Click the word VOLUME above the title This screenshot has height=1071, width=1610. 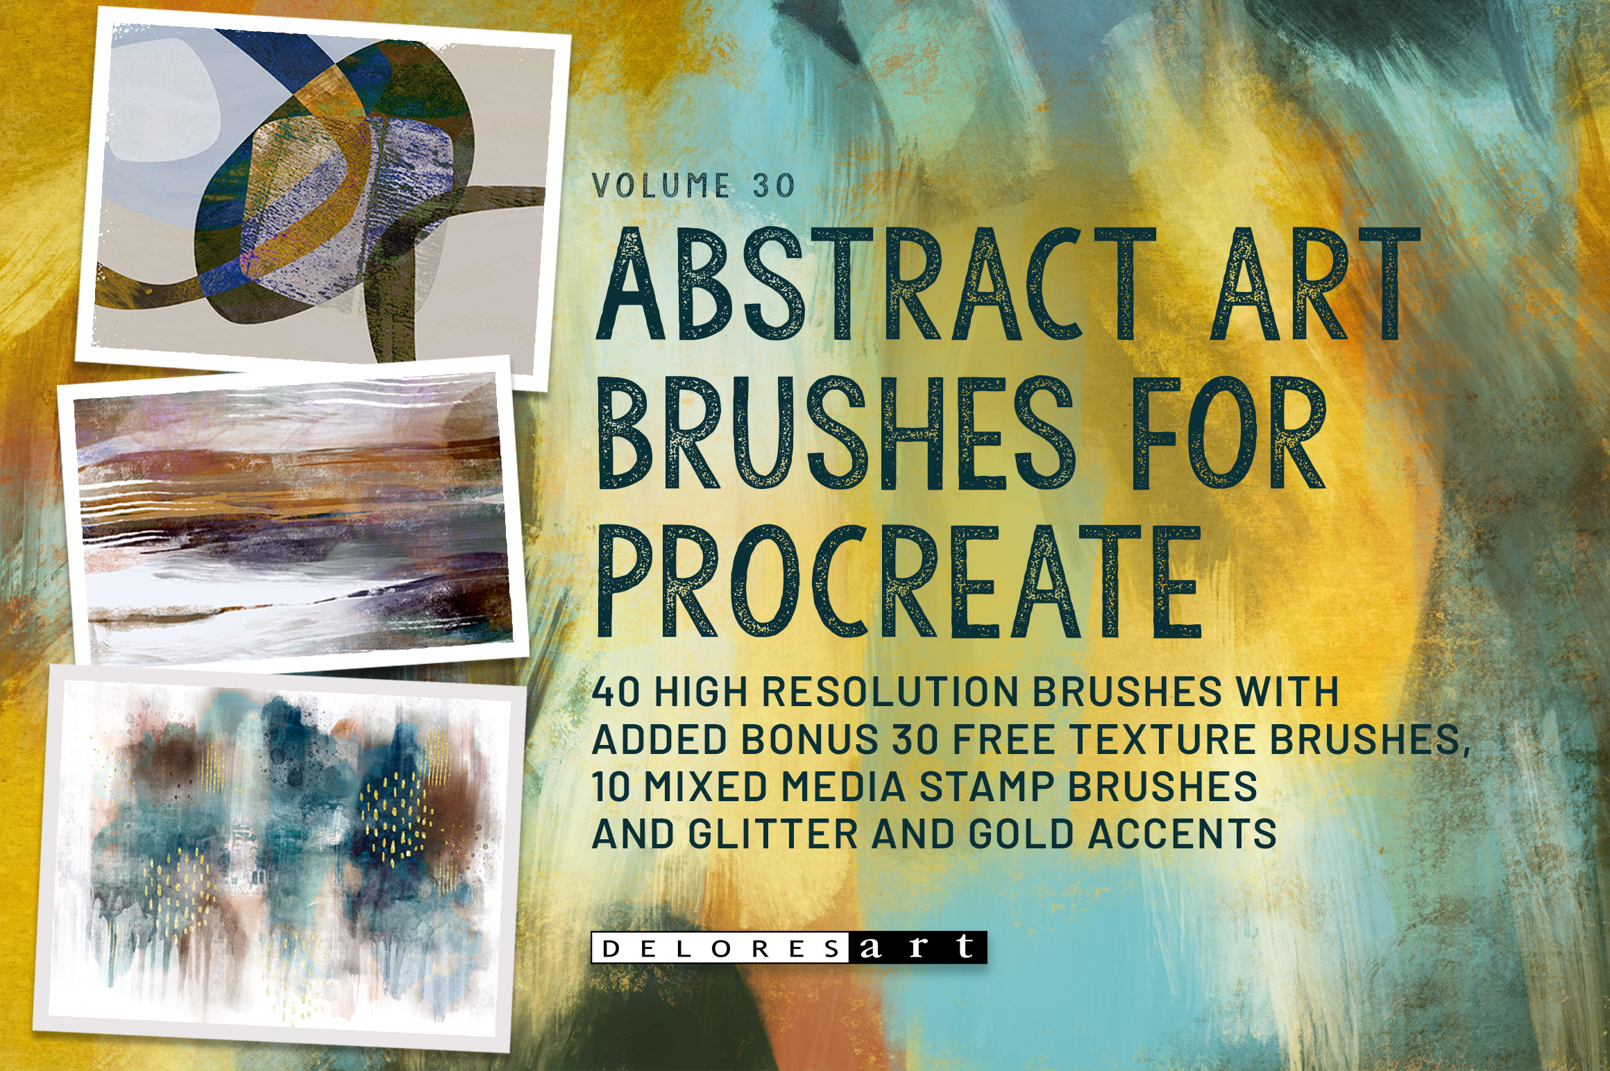tap(661, 186)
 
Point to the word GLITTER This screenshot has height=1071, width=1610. tap(773, 834)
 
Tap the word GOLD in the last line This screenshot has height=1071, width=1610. tap(1019, 834)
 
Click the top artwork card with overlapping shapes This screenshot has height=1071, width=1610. tap(323, 187)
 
